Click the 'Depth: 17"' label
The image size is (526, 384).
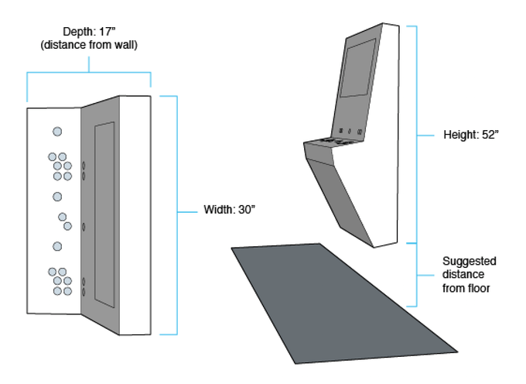click(89, 32)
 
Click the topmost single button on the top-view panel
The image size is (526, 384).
click(56, 132)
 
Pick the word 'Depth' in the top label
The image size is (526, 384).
click(76, 32)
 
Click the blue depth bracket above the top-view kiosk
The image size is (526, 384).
click(89, 73)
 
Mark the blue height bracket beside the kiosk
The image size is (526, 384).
click(418, 133)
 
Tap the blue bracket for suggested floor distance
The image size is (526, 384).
click(418, 274)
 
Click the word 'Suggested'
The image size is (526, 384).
click(469, 261)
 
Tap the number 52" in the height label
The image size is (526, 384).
click(490, 135)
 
